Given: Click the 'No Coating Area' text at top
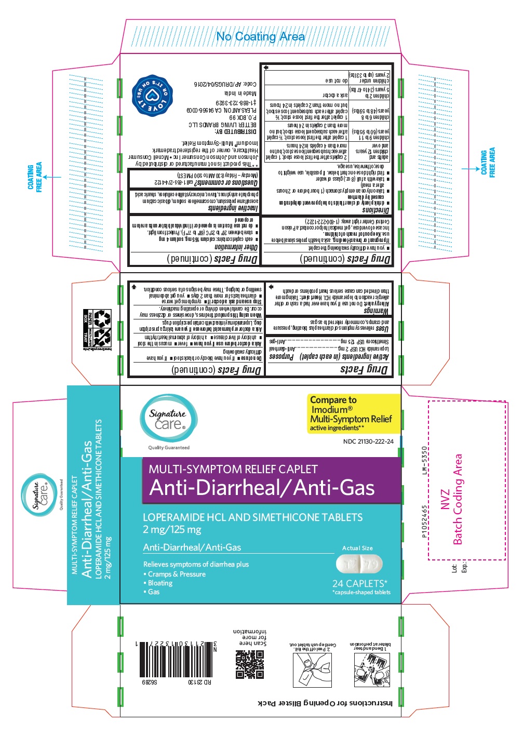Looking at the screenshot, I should (260, 37).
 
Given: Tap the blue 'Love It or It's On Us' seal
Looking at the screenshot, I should (151, 96).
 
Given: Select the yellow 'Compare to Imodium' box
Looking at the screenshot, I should (354, 413).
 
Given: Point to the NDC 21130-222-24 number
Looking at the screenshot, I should (368, 441).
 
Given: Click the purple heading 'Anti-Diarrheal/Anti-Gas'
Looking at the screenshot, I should (262, 488).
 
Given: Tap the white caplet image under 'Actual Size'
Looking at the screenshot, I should (359, 564).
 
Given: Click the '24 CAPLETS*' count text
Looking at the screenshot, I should (359, 583).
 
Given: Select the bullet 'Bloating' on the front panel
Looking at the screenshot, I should (160, 583).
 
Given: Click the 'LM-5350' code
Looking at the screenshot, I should (424, 460).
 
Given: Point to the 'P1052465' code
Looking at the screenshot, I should (424, 521).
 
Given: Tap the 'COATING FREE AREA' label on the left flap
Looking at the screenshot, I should (35, 177).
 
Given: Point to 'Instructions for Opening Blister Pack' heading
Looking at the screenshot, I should (325, 703).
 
